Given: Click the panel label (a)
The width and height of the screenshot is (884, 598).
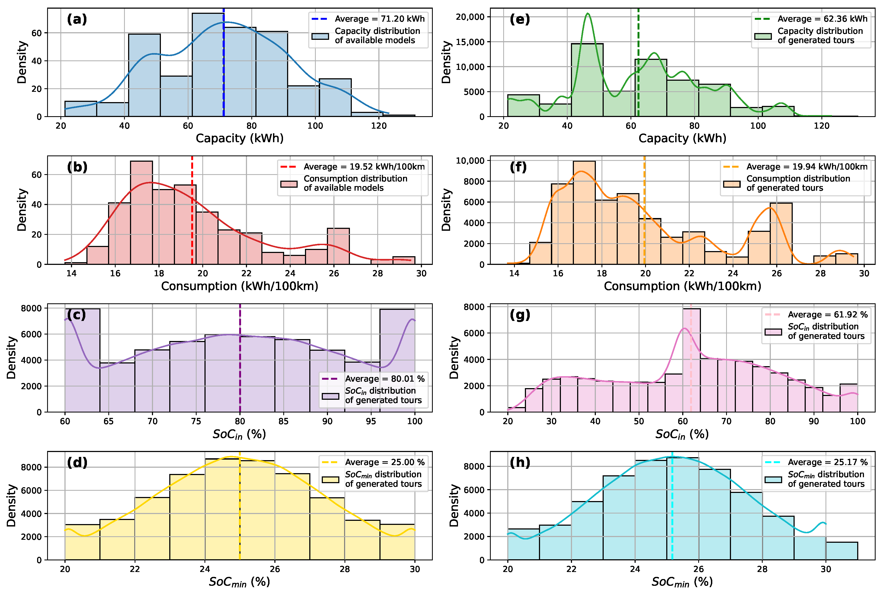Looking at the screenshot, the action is pyautogui.click(x=77, y=19).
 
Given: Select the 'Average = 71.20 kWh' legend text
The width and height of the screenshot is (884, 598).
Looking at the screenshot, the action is pyautogui.click(x=380, y=19).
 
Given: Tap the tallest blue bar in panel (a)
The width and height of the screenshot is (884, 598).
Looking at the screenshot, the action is pyautogui.click(x=208, y=65).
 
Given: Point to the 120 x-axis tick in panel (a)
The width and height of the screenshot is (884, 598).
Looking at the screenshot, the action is pyautogui.click(x=379, y=126).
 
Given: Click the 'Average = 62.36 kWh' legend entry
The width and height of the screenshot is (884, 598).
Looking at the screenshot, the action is pyautogui.click(x=822, y=19).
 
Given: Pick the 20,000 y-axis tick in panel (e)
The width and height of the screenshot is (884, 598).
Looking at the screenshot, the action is pyautogui.click(x=470, y=17).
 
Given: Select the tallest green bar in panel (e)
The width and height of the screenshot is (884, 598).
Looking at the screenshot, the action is pyautogui.click(x=587, y=80).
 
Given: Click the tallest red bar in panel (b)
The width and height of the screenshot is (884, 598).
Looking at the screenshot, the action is pyautogui.click(x=141, y=212).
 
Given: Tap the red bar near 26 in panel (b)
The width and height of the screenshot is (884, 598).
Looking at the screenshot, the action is pyautogui.click(x=338, y=246).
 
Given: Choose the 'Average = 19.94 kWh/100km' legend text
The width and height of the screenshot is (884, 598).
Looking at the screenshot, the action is pyautogui.click(x=807, y=167).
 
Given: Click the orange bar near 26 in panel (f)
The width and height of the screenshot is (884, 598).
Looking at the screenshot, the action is pyautogui.click(x=781, y=233).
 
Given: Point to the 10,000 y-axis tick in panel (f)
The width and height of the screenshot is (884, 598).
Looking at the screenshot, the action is pyautogui.click(x=470, y=161).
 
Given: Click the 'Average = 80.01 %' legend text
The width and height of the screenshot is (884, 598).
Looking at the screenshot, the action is pyautogui.click(x=385, y=379).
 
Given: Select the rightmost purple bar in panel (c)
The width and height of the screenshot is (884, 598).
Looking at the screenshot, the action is pyautogui.click(x=397, y=360).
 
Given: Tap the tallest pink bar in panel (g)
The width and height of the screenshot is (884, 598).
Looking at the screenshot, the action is pyautogui.click(x=691, y=360).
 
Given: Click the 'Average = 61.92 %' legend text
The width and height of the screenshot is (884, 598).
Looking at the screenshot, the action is pyautogui.click(x=828, y=315).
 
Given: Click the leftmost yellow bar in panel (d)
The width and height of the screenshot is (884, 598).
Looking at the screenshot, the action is pyautogui.click(x=82, y=542).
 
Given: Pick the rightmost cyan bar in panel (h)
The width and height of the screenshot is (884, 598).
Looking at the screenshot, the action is pyautogui.click(x=842, y=551).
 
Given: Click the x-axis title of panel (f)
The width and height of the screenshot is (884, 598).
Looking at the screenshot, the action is pyautogui.click(x=682, y=286).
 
